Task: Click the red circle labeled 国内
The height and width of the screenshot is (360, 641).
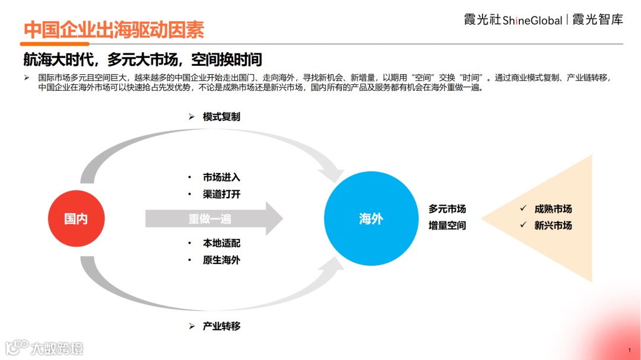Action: click(76, 219)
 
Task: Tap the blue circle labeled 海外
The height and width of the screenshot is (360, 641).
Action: click(371, 219)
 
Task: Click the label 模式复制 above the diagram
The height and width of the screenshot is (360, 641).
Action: click(221, 117)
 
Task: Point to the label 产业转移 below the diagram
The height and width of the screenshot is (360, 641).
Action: click(221, 326)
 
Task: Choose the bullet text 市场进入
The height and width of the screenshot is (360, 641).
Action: click(221, 177)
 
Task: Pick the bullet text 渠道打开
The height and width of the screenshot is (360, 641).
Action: click(221, 194)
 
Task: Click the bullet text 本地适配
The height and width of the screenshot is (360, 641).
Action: click(221, 243)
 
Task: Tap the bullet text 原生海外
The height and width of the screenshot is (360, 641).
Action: click(221, 260)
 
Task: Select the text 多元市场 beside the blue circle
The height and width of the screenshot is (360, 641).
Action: click(448, 209)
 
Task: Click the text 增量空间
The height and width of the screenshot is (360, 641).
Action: click(448, 225)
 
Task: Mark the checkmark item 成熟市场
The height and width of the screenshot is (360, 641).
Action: click(553, 209)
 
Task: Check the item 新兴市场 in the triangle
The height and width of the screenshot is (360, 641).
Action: click(553, 225)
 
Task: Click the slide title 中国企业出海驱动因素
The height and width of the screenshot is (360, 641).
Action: click(114, 30)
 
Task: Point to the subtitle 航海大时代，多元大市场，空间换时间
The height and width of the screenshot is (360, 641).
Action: click(143, 60)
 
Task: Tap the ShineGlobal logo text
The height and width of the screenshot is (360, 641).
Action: click(532, 21)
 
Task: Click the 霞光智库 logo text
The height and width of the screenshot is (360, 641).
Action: click(598, 20)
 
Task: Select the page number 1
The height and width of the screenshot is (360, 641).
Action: click(629, 350)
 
